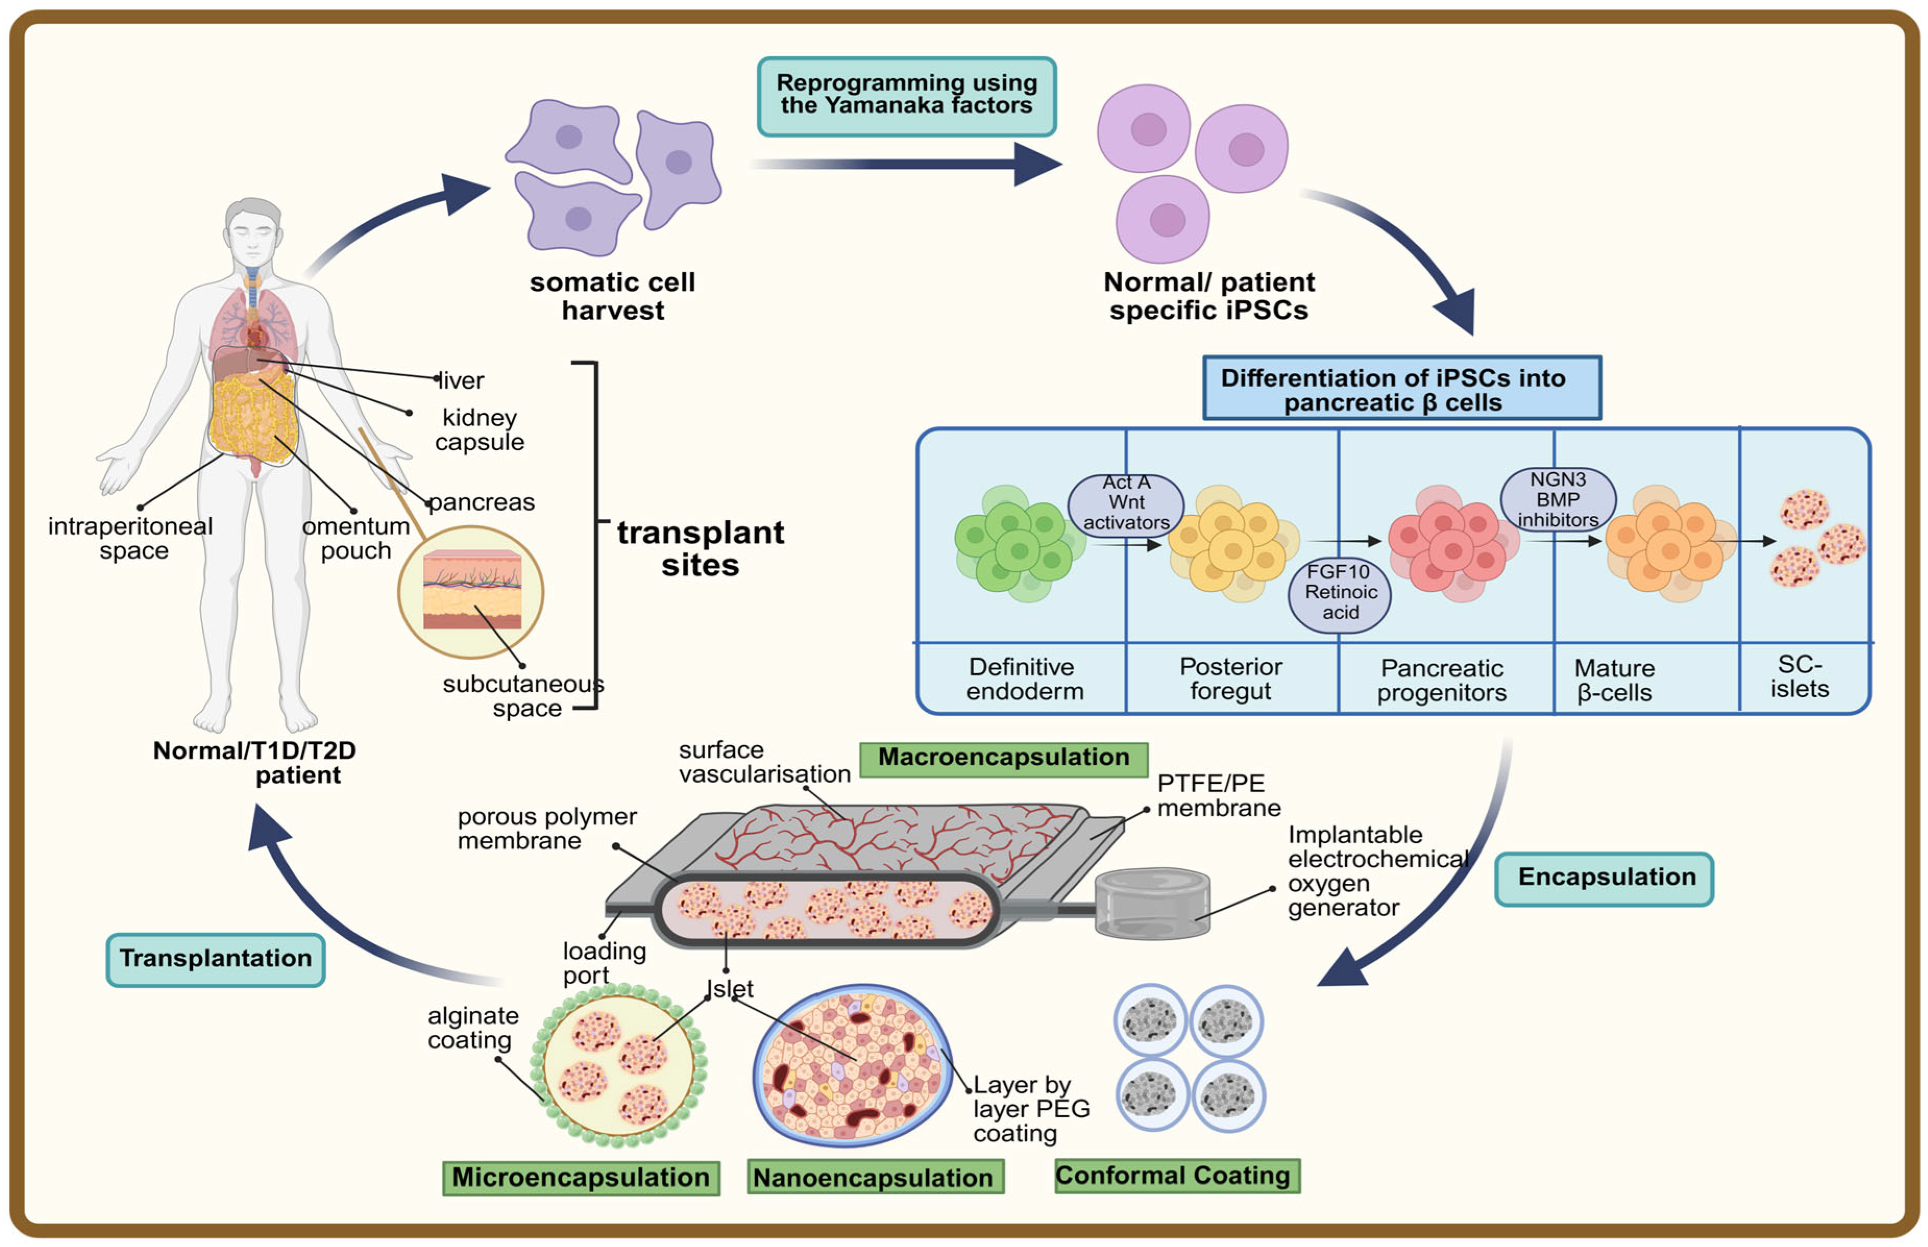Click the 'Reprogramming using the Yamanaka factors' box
pos(906,95)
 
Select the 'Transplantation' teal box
pos(215,959)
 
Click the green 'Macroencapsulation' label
pos(1003,759)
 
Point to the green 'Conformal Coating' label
pos(1176,1176)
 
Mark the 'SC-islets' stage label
pos(1799,677)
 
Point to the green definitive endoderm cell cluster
pos(1016,542)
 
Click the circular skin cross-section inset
pos(471,592)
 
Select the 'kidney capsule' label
pos(480,430)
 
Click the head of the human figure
pos(253,231)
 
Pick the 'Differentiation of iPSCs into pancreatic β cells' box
pos(1401,389)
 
